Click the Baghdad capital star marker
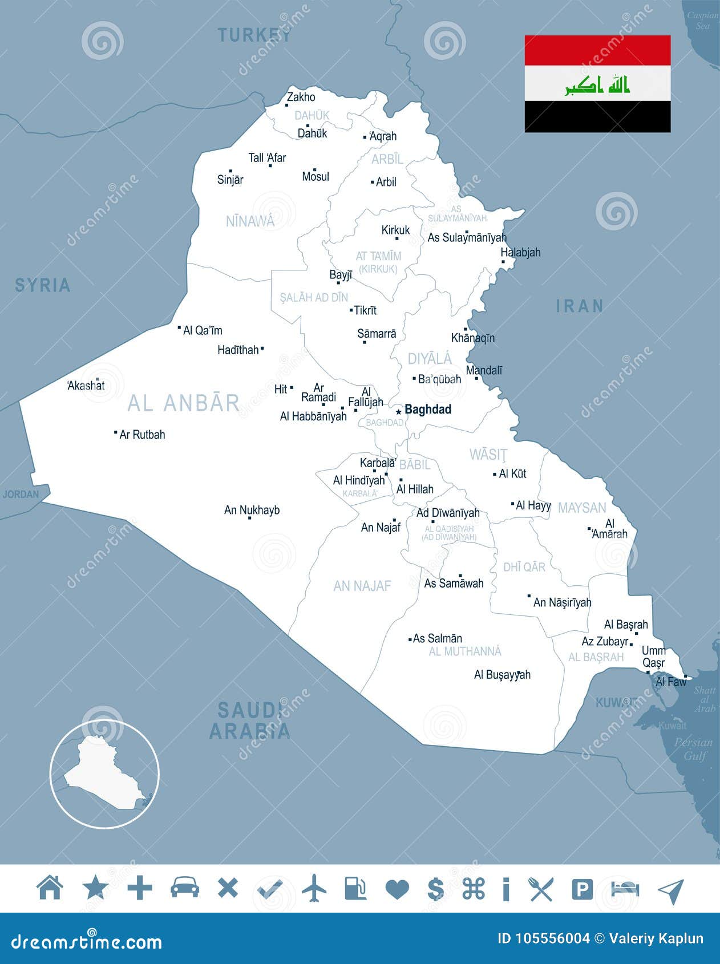398,411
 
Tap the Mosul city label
315,176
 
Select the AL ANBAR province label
184,403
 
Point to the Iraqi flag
597,84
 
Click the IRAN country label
580,306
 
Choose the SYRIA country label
43,285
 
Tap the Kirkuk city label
395,230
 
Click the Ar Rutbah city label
142,435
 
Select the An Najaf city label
381,528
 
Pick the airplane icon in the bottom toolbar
314,888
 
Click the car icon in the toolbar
185,888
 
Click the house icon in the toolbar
50,888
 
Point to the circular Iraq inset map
104,774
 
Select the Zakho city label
301,97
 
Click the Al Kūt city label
512,473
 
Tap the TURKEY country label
254,35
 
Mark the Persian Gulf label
694,749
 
